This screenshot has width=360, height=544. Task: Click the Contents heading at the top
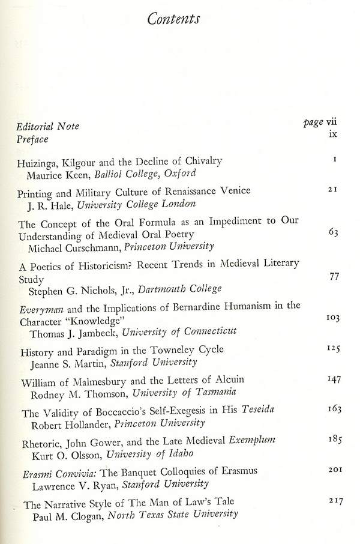tap(173, 19)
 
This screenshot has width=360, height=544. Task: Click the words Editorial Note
tap(48, 127)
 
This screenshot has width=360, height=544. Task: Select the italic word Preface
tap(32, 139)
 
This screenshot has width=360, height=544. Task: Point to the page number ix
tap(333, 133)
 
